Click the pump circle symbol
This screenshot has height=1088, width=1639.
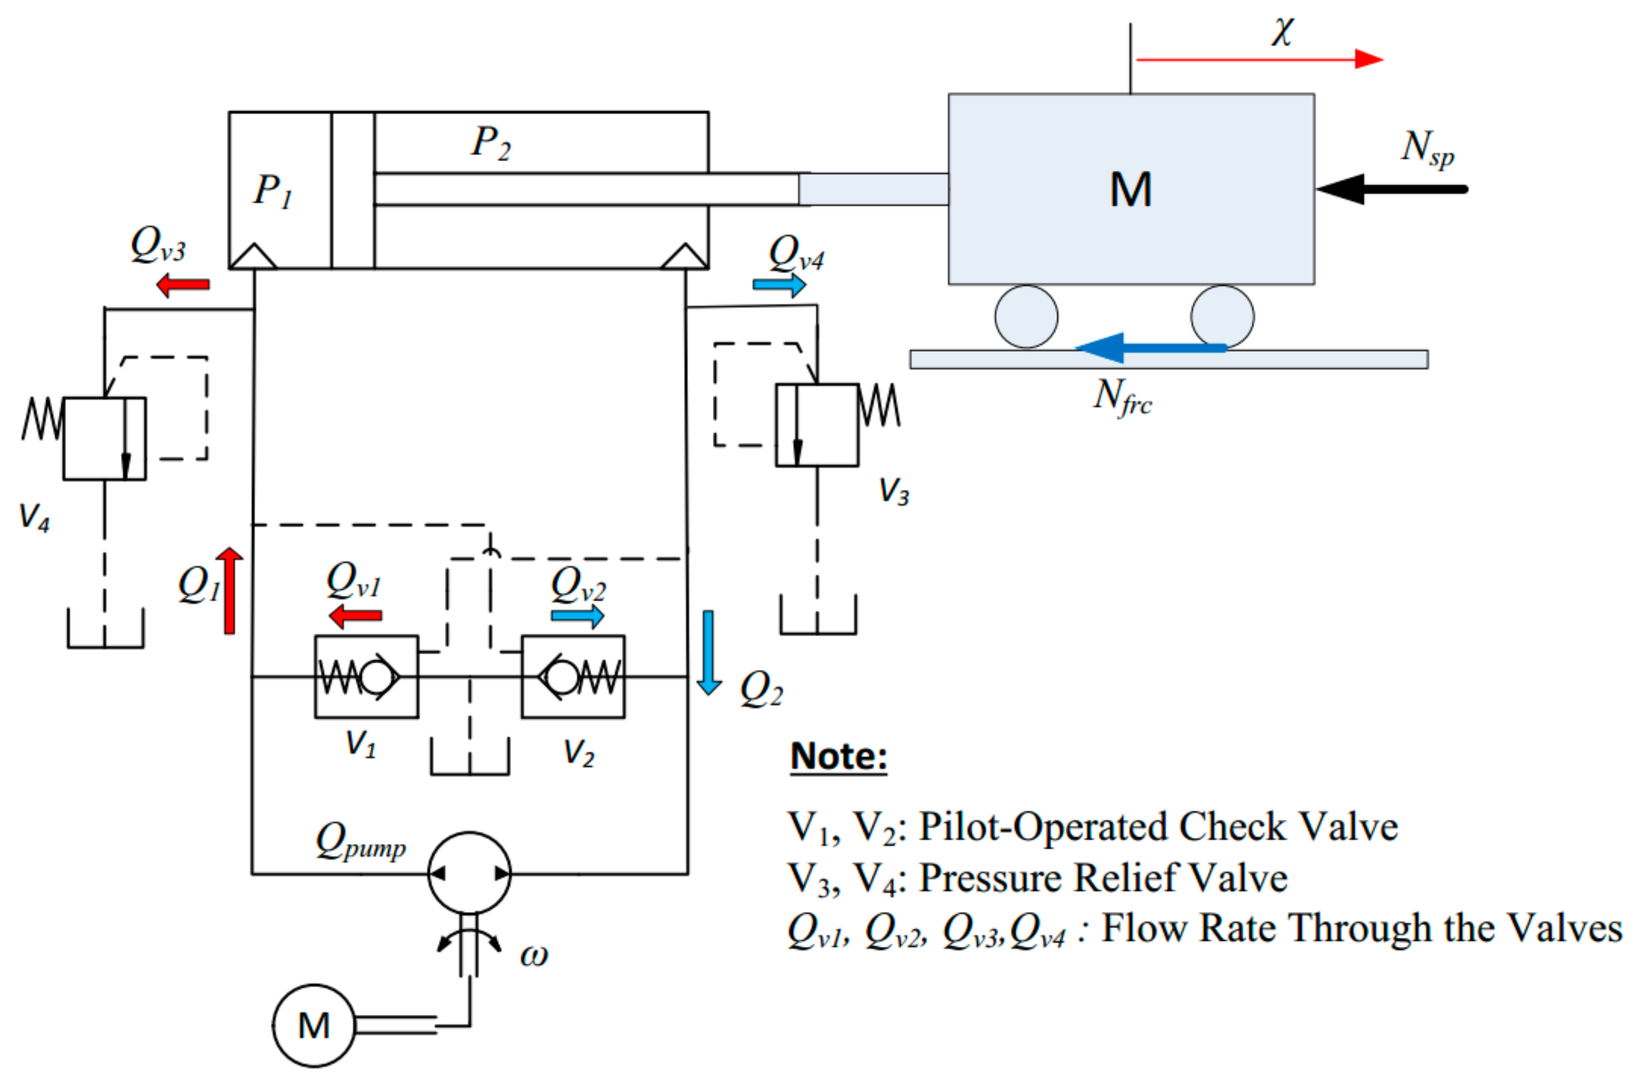[x=469, y=873]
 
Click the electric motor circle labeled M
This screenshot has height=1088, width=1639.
[x=314, y=1025]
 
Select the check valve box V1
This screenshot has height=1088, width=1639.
[x=366, y=677]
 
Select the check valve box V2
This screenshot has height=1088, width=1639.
[x=572, y=677]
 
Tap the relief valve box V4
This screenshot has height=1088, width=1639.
[x=104, y=439]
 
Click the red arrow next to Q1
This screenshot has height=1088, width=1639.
[x=229, y=590]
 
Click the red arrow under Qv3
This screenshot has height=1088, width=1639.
[x=182, y=284]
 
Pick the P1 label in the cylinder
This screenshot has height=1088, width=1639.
[x=273, y=191]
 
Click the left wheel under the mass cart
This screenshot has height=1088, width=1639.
[x=1026, y=316]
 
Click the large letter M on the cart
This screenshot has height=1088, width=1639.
[x=1130, y=190]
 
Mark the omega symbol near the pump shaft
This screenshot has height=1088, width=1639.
[x=534, y=956]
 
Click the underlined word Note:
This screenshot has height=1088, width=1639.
[x=839, y=756]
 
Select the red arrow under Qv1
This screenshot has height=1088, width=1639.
[x=355, y=615]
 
